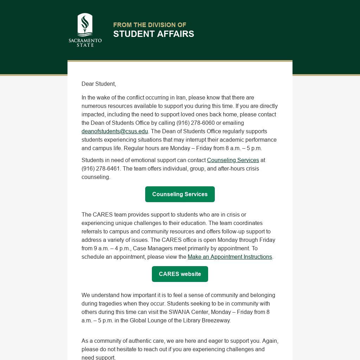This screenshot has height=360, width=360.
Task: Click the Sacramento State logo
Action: coord(85,30)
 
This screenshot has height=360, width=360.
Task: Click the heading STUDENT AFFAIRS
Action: coord(154,34)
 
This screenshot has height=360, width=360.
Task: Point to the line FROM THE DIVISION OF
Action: coord(149,25)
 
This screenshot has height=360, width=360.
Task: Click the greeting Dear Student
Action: coord(98,84)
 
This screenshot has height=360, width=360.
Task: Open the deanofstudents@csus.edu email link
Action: coord(115,131)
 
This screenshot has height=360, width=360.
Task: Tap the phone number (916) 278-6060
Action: coord(195,123)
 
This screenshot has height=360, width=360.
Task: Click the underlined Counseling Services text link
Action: coord(233,160)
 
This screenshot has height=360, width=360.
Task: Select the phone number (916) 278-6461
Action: coord(101,168)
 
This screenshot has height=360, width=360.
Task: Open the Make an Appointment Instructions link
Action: coord(230,257)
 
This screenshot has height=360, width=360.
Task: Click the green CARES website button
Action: coord(180,274)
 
